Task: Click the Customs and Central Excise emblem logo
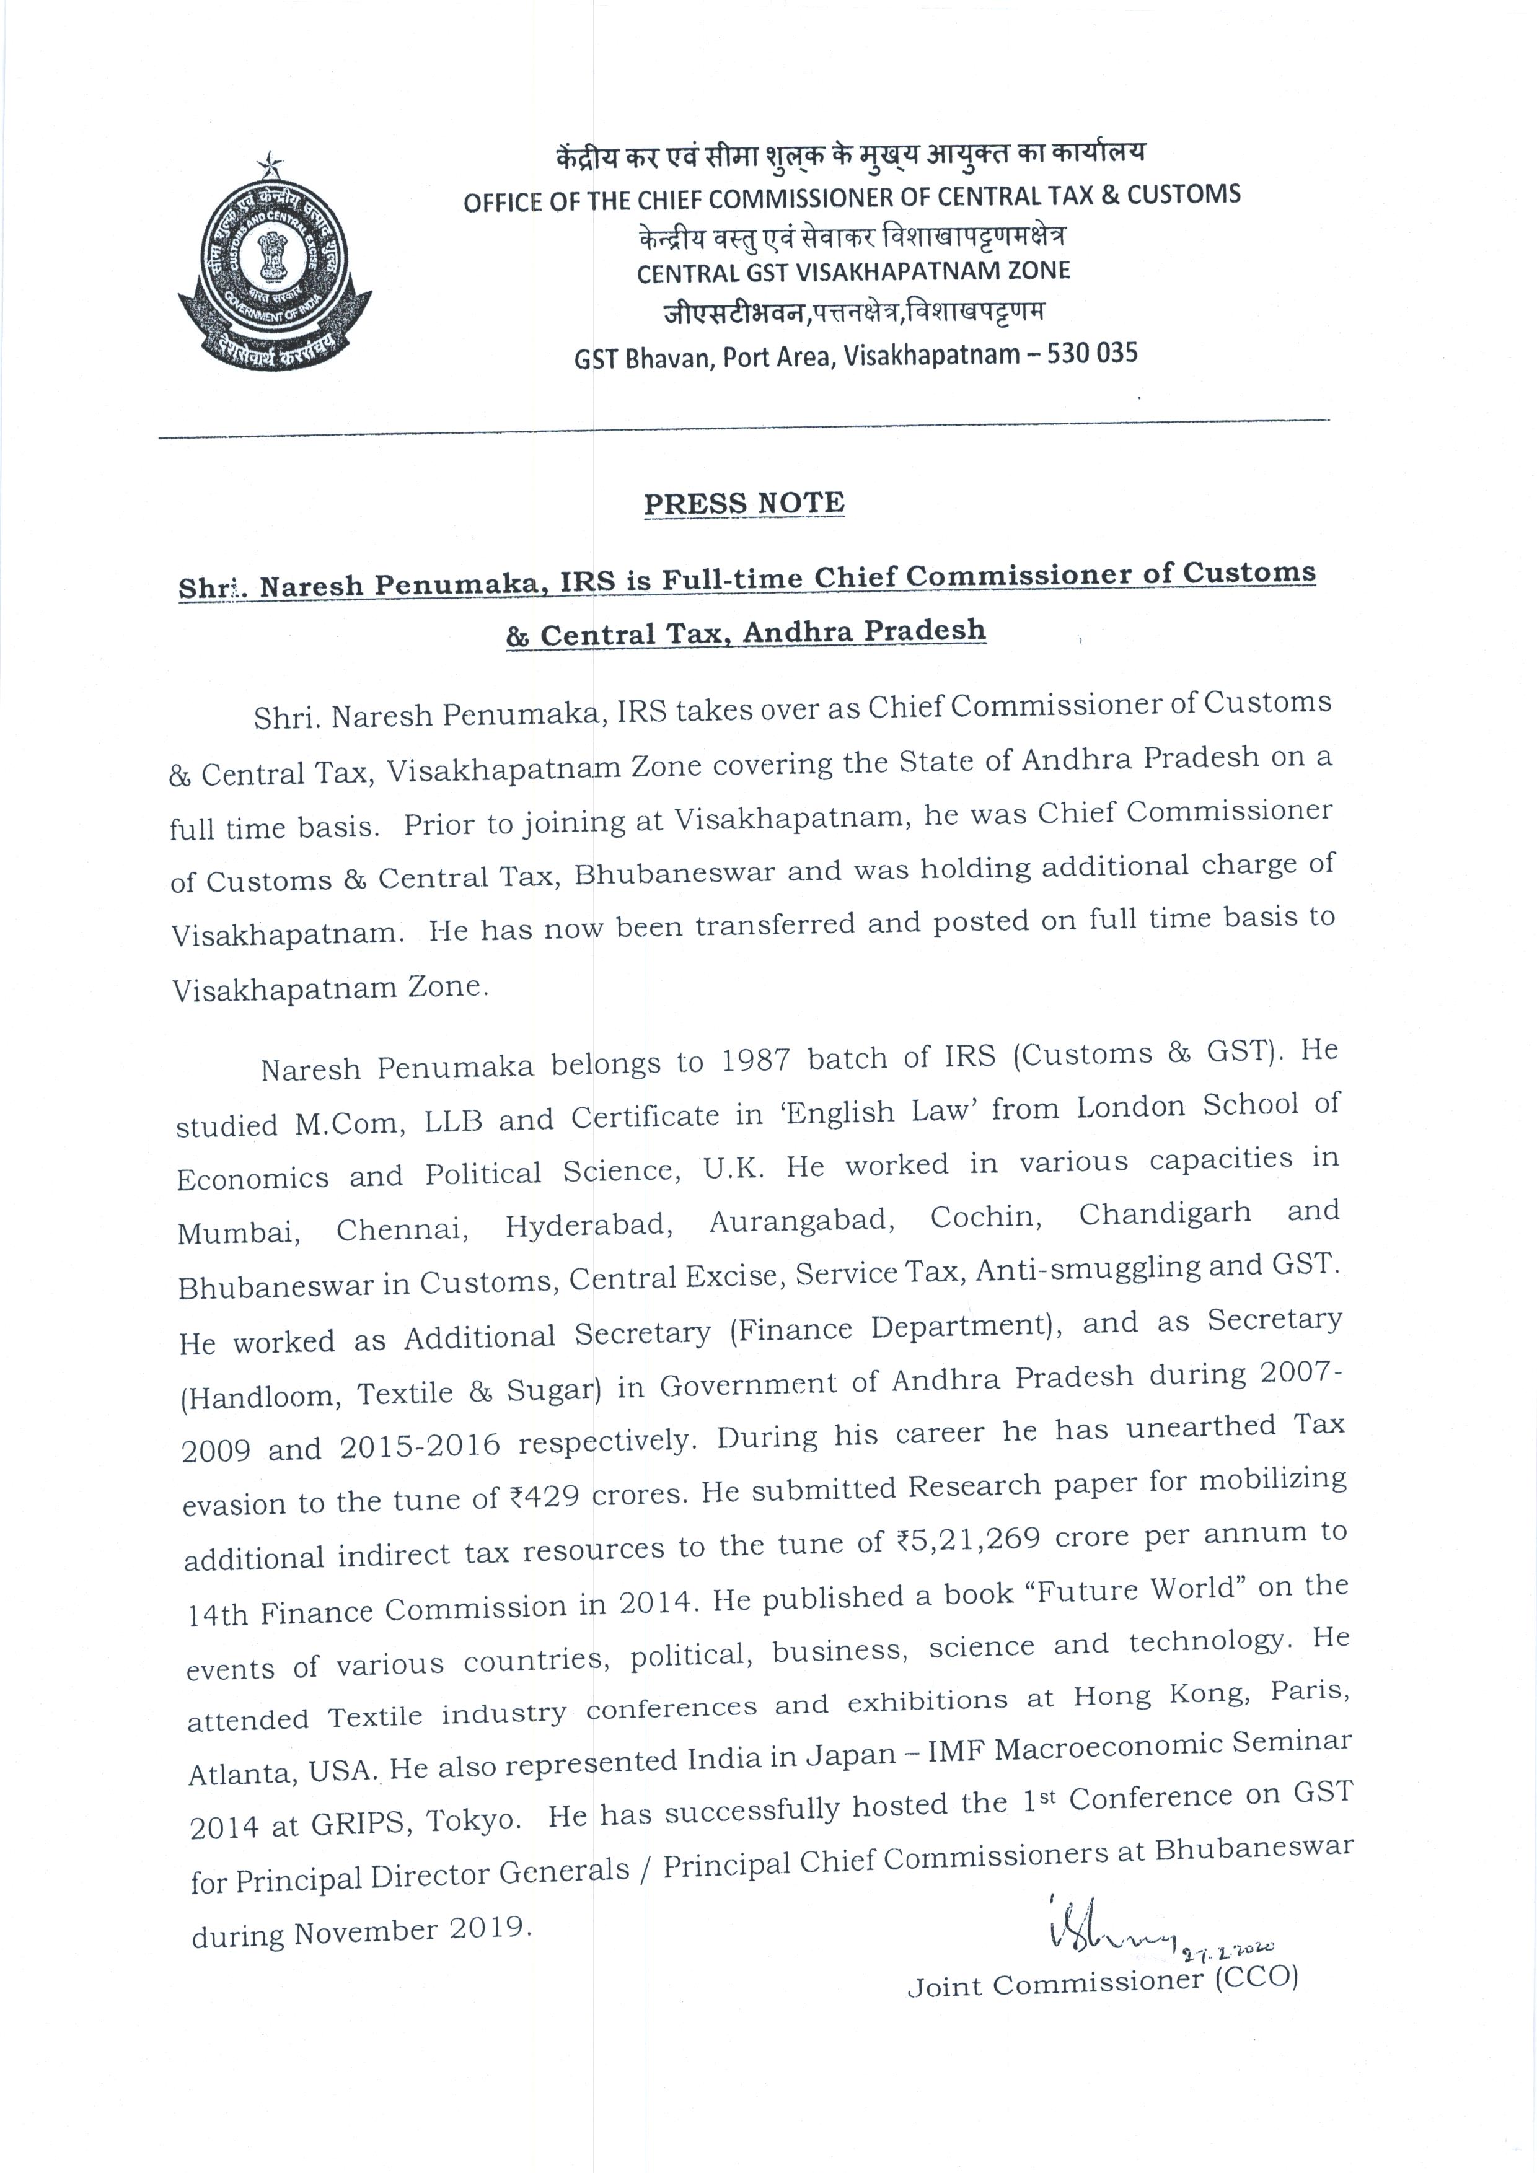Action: point(275,270)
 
